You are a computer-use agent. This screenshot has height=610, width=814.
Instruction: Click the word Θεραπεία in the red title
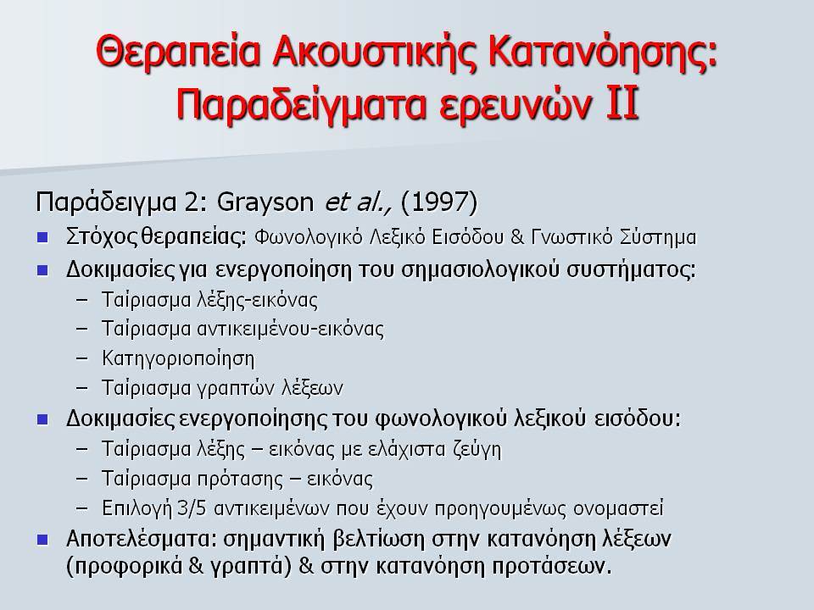[x=177, y=52]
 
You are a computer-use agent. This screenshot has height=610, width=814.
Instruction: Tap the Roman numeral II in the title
[x=622, y=103]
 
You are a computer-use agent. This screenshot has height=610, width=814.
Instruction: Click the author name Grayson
[x=265, y=202]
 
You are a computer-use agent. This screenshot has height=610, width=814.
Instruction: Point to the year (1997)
[x=439, y=202]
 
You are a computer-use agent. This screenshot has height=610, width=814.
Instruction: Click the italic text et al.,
[x=358, y=202]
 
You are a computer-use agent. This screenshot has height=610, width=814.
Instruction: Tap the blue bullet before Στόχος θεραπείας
[x=42, y=237]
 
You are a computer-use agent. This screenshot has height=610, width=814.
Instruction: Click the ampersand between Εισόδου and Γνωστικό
[x=517, y=237]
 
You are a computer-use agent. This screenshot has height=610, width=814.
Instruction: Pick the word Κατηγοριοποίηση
[x=178, y=359]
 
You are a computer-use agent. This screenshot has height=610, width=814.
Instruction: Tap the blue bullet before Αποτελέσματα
[x=42, y=540]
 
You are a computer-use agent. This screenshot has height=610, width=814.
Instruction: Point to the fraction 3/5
[x=192, y=507]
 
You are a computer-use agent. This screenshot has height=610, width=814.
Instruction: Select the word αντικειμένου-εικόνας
[x=291, y=330]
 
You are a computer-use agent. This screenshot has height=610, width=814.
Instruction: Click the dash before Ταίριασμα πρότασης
[x=81, y=479]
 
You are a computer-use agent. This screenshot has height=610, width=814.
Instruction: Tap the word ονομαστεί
[x=618, y=508]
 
